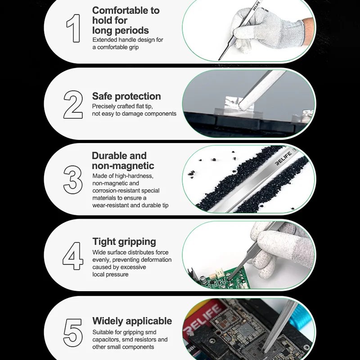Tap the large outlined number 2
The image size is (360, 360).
[73, 104]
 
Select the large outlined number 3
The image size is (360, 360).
[73, 180]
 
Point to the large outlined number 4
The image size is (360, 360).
[73, 256]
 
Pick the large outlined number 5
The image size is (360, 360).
[73, 333]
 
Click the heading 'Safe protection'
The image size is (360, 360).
[126, 96]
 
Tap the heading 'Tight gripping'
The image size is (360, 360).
[124, 242]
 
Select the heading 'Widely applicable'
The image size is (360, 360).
[132, 321]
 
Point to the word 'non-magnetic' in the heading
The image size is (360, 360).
[123, 166]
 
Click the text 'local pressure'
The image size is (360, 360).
[110, 274]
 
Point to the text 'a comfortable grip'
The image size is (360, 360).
[116, 47]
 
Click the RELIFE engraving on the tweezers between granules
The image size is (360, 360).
[284, 158]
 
